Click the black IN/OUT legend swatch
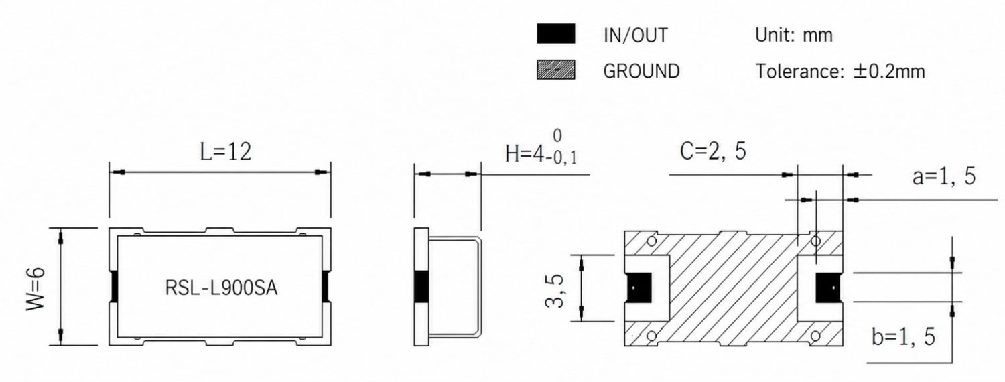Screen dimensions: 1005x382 point(556,34)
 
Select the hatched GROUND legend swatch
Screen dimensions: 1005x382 point(556,70)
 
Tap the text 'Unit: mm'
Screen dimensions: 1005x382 point(794,35)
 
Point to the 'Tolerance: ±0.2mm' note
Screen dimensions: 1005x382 point(840,71)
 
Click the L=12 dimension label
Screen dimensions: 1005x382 point(225,151)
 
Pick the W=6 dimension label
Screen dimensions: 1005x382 point(36,289)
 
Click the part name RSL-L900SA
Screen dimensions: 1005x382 point(221,288)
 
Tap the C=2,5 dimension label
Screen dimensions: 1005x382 point(713,151)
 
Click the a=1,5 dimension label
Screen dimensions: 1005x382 point(943,176)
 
